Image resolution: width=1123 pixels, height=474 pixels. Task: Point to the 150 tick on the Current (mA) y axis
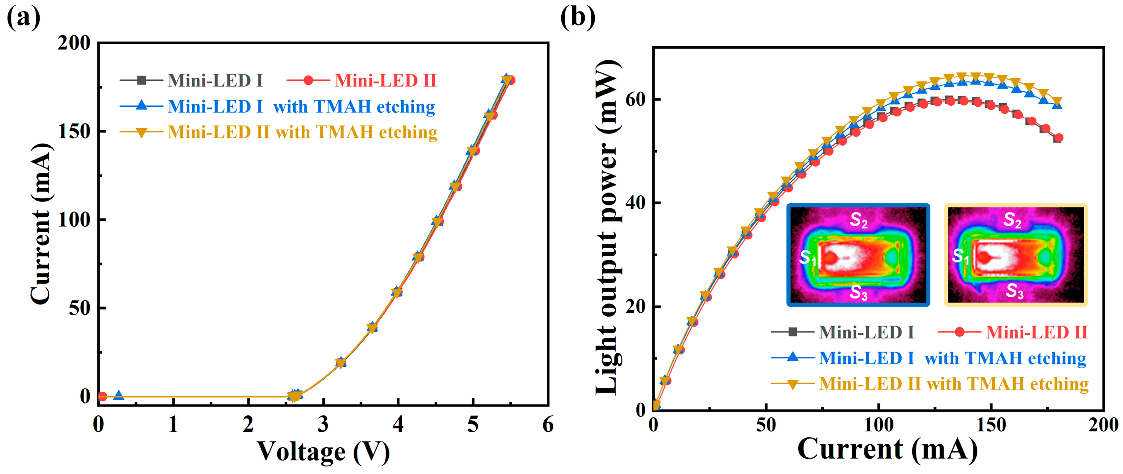[x=74, y=131]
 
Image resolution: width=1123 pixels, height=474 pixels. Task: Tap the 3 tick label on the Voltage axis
[x=323, y=424]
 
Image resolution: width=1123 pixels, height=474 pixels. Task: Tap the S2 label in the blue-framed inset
[x=858, y=220]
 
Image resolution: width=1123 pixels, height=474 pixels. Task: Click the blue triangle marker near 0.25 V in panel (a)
[x=118, y=395]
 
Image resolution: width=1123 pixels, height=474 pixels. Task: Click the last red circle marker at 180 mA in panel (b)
[x=1058, y=138]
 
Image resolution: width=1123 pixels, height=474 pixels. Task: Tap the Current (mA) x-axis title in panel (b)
[x=887, y=449]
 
